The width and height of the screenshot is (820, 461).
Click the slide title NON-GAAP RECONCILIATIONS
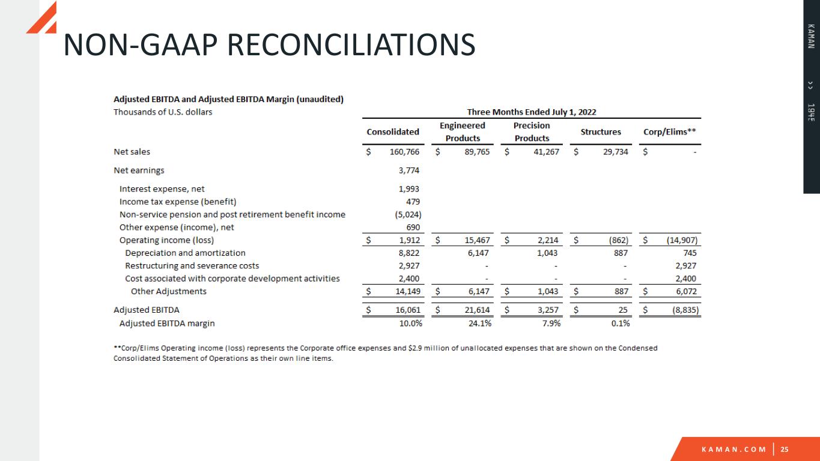(269, 46)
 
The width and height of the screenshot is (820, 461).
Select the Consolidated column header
(393, 131)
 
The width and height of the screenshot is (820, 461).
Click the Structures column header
(601, 131)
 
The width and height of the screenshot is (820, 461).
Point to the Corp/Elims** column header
(670, 131)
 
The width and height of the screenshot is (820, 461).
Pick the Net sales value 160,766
(404, 152)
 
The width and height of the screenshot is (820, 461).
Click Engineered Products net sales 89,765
(474, 152)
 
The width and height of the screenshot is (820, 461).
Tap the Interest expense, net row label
(162, 189)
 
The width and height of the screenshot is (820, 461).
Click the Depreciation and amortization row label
(185, 253)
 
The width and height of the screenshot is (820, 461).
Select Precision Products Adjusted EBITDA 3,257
(547, 310)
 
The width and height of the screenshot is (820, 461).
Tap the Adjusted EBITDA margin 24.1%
(479, 323)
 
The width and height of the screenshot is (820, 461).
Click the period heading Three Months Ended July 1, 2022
(532, 112)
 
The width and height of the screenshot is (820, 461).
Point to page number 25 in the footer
(785, 450)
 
